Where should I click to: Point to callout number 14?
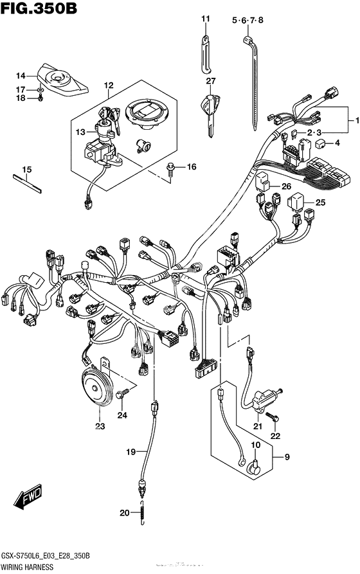click(x=21, y=75)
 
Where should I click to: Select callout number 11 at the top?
click(x=205, y=19)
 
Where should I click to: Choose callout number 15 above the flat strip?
click(x=26, y=170)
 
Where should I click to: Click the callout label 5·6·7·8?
click(x=248, y=21)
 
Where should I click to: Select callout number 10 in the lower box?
click(x=255, y=445)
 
